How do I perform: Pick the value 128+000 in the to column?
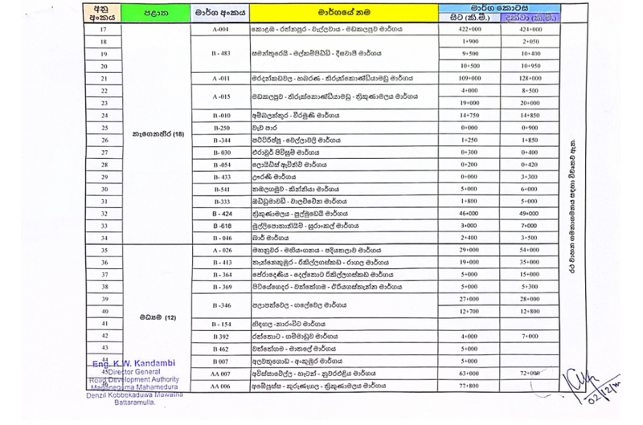coord(529,79)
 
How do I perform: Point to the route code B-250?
coord(222,127)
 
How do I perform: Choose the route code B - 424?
coord(222,215)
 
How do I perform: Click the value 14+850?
coord(529,115)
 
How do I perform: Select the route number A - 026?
coord(222,251)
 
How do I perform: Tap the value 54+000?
coord(529,251)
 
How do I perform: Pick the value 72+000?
coord(529,374)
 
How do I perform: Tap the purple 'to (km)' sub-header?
coord(529,17)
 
